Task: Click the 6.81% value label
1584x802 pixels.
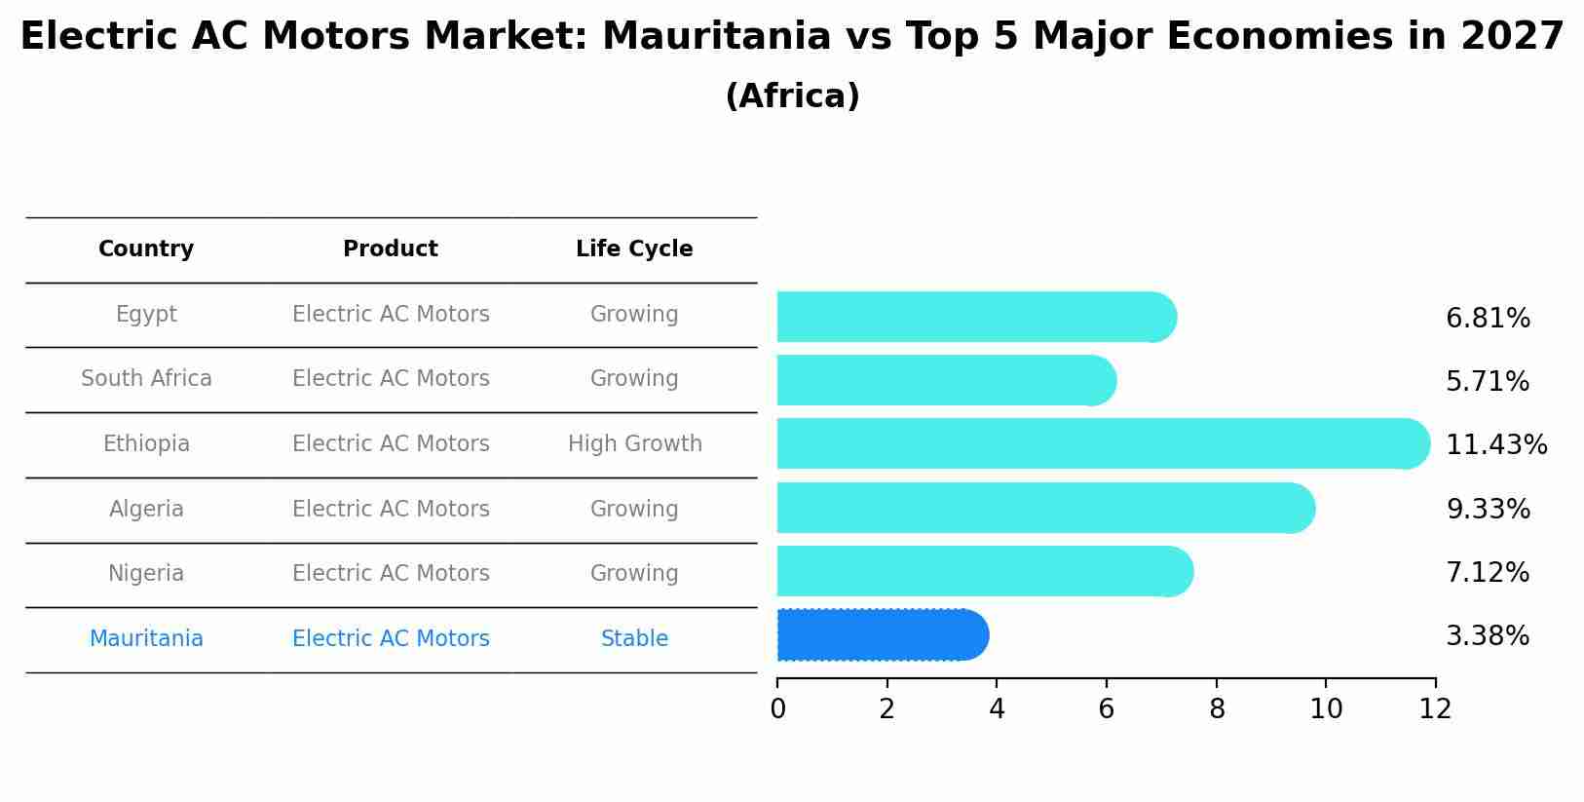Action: [1488, 319]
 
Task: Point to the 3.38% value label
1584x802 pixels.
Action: [1488, 636]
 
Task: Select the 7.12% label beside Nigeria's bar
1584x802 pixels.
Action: [1488, 573]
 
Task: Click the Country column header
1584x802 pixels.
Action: [146, 249]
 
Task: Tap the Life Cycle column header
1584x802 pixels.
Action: [634, 249]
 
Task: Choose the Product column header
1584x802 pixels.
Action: [391, 249]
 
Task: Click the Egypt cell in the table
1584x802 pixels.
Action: [146, 315]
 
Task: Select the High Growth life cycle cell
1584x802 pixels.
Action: [634, 444]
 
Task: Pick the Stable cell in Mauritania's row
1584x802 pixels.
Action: [634, 639]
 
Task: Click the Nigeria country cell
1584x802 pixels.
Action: [146, 574]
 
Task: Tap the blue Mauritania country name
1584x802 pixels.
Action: [146, 639]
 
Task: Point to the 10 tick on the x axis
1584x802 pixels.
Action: [1326, 709]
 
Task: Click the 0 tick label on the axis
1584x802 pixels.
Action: [777, 709]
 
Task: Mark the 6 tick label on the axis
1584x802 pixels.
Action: [1107, 709]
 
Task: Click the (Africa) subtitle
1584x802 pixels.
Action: [792, 96]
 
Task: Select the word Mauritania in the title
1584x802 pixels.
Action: [716, 37]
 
